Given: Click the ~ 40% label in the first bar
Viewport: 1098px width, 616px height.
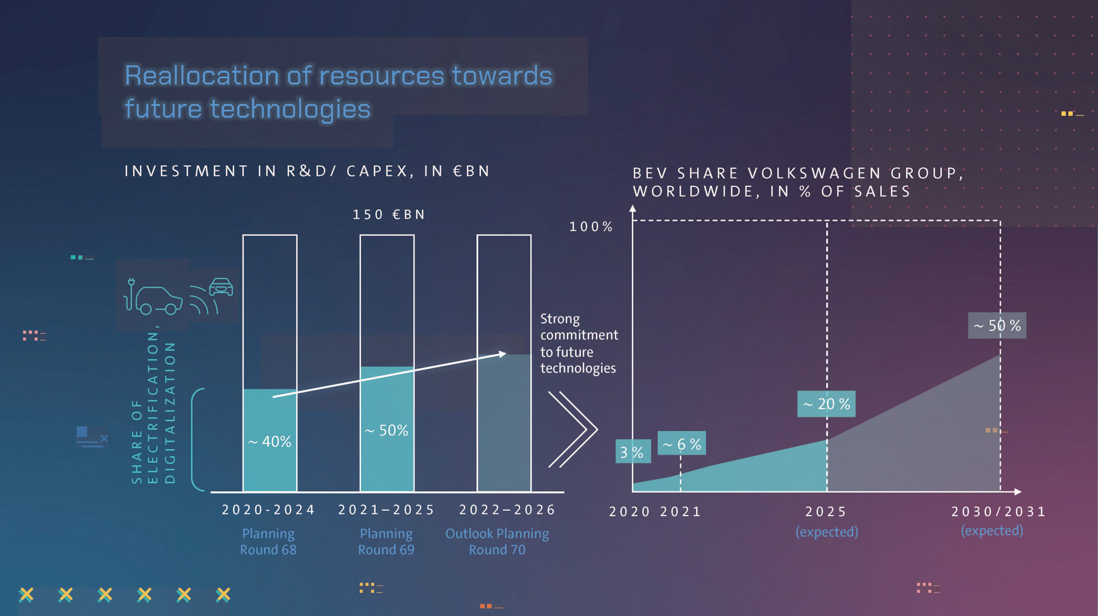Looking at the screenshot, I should [270, 442].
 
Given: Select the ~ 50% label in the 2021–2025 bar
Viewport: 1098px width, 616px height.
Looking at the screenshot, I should [387, 430].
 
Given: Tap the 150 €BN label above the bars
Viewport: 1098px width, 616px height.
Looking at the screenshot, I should [389, 215].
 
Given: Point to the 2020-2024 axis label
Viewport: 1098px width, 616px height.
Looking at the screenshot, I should [268, 510].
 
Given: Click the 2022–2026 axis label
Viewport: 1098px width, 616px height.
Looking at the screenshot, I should [507, 510].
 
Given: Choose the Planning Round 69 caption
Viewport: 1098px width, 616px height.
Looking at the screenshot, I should [386, 542].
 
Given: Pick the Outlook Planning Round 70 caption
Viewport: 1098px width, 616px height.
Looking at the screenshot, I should [497, 542].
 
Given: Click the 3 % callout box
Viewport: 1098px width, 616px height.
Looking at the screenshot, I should [632, 452].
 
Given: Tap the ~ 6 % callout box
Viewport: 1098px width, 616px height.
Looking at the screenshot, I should [682, 444].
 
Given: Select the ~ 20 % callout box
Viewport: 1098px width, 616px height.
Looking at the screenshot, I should [826, 404].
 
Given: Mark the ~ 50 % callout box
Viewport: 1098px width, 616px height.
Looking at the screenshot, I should [997, 326].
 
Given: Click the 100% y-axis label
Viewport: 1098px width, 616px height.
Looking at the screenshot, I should [591, 227].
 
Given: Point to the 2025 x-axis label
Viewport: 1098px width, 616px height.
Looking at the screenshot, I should [826, 512].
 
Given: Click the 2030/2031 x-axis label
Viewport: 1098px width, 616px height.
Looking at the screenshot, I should [998, 512].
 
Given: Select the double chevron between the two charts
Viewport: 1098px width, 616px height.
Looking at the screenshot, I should [573, 429].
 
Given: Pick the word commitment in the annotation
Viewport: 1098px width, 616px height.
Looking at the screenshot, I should [579, 335].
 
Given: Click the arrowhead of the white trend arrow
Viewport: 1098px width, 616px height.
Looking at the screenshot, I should [502, 354].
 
